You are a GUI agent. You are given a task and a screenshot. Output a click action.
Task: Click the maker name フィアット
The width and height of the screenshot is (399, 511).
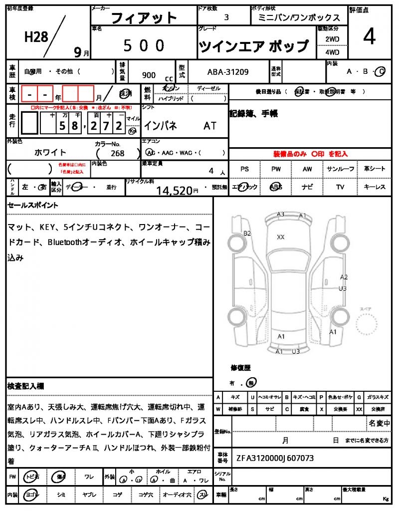[144, 18]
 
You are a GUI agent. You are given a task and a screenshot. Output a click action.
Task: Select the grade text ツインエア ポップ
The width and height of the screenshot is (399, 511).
[254, 46]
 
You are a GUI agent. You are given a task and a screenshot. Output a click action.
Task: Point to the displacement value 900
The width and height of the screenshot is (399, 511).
[149, 75]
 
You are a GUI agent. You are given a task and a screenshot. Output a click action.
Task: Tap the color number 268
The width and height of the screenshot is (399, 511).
[118, 154]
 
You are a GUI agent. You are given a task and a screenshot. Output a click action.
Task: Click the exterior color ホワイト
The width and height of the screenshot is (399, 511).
[50, 152]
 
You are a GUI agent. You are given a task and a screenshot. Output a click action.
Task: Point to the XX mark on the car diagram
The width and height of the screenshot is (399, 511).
[281, 237]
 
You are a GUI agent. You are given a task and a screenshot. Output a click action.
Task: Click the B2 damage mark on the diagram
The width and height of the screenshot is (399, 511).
[247, 234]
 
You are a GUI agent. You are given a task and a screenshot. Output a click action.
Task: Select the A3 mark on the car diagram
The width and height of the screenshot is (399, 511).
[281, 215]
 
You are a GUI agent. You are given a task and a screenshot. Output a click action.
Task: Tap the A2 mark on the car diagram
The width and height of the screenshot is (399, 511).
[344, 277]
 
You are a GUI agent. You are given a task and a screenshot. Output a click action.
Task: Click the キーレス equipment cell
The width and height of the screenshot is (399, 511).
[375, 187]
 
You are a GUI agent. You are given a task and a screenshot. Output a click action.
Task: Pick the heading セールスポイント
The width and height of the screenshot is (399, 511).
[33, 205]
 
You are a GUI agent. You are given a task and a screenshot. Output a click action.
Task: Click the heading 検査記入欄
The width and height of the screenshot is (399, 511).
[26, 386]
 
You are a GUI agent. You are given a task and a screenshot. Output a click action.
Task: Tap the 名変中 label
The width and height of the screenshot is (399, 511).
[380, 423]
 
